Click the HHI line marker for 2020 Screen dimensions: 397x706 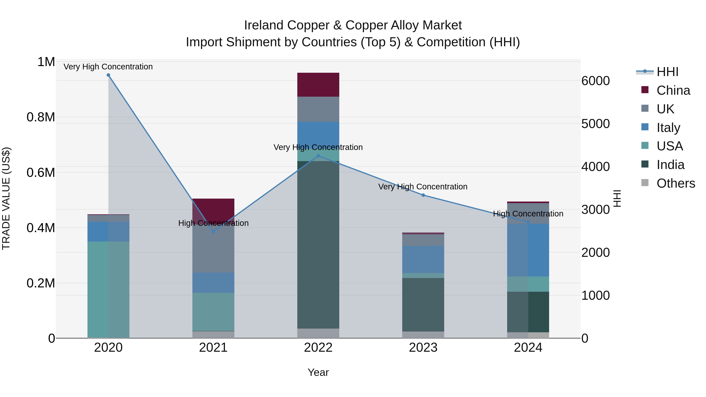(x=108, y=75)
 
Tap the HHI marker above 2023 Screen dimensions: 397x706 (x=423, y=195)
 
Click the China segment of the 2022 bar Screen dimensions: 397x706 (x=318, y=85)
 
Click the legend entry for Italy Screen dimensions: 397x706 (x=668, y=128)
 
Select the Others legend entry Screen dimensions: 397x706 (x=676, y=183)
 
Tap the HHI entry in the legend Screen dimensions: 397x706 (x=667, y=72)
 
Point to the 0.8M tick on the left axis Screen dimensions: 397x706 (x=41, y=117)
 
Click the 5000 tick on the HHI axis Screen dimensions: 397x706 (x=595, y=124)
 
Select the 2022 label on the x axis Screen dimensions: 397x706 (x=318, y=348)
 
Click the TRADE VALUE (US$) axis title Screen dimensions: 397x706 (x=6, y=198)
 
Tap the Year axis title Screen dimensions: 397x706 (x=318, y=372)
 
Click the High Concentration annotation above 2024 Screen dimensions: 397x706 (x=528, y=214)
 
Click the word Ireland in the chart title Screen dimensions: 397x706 (x=264, y=25)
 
